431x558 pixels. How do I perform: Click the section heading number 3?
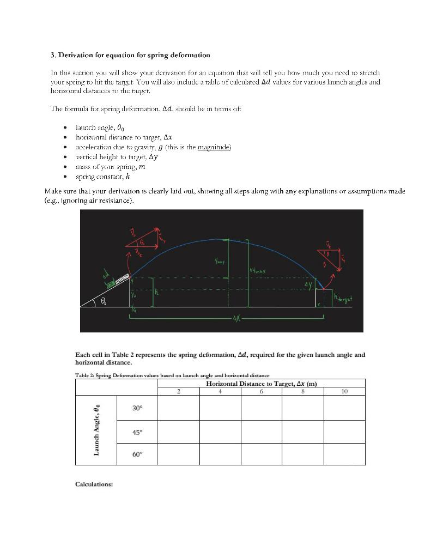click(x=52, y=55)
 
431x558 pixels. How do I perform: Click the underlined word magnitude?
click(x=217, y=147)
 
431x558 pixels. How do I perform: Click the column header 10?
click(x=344, y=391)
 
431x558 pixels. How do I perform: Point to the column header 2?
click(x=178, y=391)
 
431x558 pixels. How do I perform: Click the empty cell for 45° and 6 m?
click(x=261, y=432)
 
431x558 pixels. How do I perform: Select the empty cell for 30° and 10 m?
click(x=344, y=408)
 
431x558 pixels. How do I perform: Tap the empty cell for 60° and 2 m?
click(x=178, y=454)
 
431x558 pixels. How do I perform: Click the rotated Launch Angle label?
click(x=96, y=430)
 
